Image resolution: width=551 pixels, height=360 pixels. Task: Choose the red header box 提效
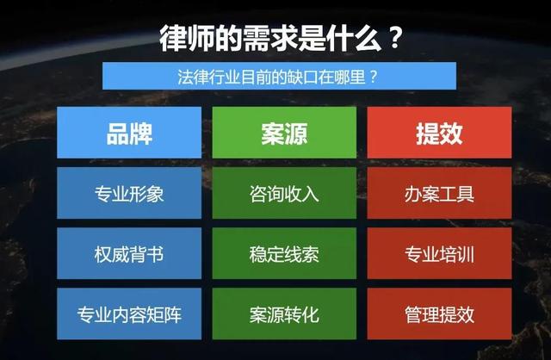[x=439, y=133]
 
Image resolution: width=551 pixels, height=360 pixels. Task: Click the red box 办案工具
[x=439, y=194]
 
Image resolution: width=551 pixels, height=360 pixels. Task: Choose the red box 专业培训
[x=439, y=255]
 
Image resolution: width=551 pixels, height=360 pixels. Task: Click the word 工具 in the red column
[x=457, y=194]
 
